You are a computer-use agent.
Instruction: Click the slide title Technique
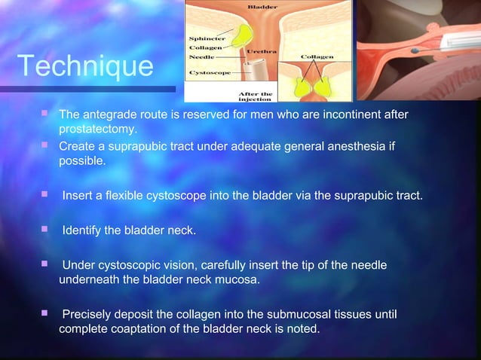[84, 66]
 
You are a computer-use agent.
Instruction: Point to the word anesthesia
[356, 145]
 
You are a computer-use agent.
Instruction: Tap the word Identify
[82, 230]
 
